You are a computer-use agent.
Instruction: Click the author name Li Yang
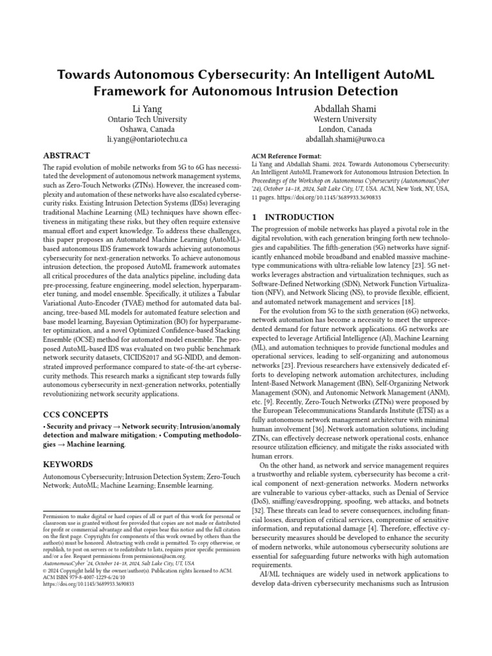pos(147,106)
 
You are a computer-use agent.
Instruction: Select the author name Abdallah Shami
pos(345,106)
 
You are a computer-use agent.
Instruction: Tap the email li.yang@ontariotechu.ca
pos(147,139)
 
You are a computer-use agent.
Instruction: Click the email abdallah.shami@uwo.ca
pos(345,139)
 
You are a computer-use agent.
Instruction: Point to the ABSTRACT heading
pos(67,156)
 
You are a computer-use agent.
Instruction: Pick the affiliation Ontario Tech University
pos(147,119)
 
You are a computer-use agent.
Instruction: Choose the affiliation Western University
pos(345,119)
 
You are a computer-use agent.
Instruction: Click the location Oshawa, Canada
pos(147,129)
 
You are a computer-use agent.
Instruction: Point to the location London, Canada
pos(345,129)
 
